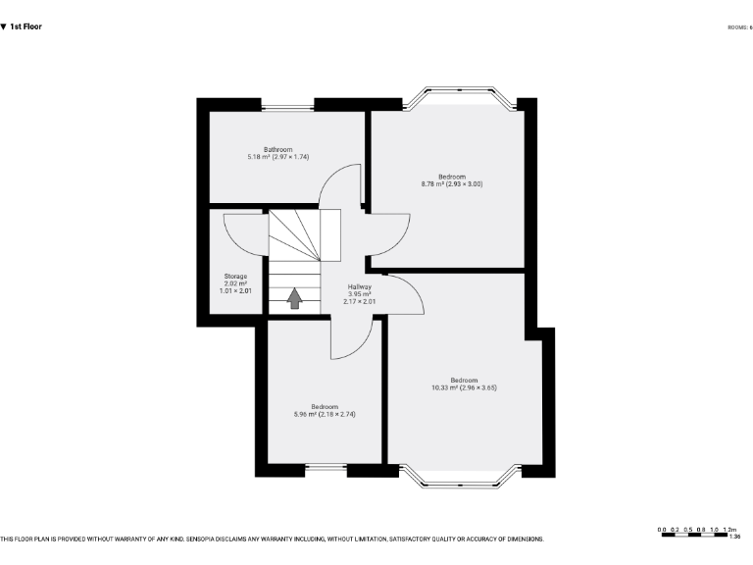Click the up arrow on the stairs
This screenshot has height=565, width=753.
pos(294,298)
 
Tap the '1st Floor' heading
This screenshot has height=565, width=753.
pos(25,26)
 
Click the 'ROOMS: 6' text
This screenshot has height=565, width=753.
pos(739,26)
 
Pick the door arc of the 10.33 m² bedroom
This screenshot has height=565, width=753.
pos(405,291)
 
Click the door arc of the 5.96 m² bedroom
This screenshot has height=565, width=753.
pos(353,338)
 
